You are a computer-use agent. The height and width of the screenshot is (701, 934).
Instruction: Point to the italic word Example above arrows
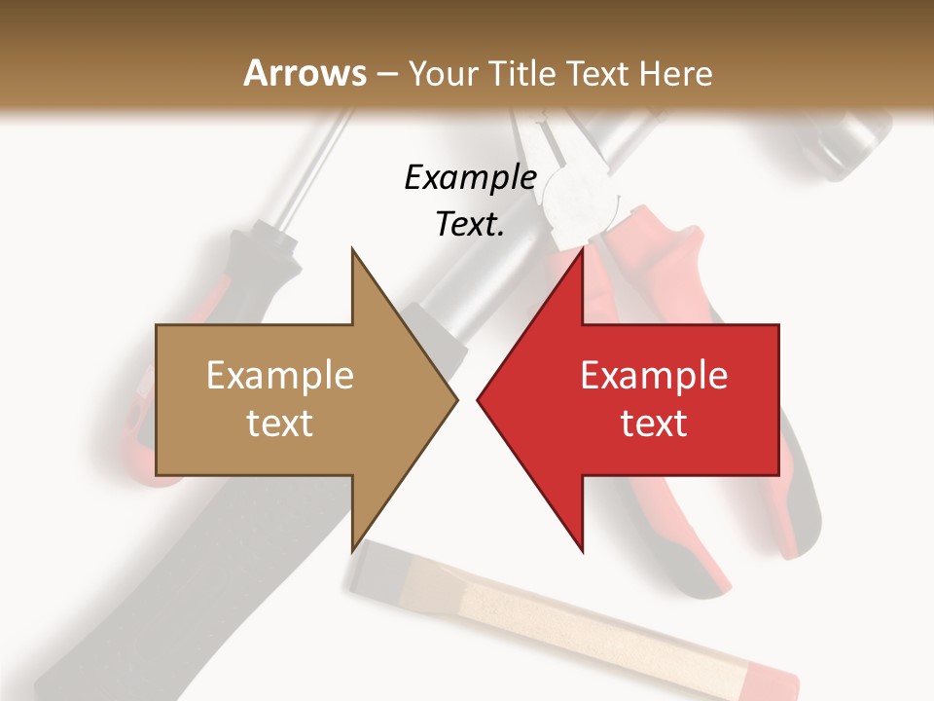tap(470, 177)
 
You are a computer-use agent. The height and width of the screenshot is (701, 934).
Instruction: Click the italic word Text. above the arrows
tap(470, 224)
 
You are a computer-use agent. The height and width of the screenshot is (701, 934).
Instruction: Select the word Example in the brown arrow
tap(280, 375)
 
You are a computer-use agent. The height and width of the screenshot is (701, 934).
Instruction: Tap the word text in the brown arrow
tap(280, 423)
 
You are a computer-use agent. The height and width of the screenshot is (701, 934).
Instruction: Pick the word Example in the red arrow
tap(654, 375)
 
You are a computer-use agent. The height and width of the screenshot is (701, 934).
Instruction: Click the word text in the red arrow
tap(654, 423)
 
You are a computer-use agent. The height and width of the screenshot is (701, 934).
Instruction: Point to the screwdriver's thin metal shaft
tap(324, 170)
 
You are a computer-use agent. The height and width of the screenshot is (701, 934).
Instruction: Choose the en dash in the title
tap(386, 75)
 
